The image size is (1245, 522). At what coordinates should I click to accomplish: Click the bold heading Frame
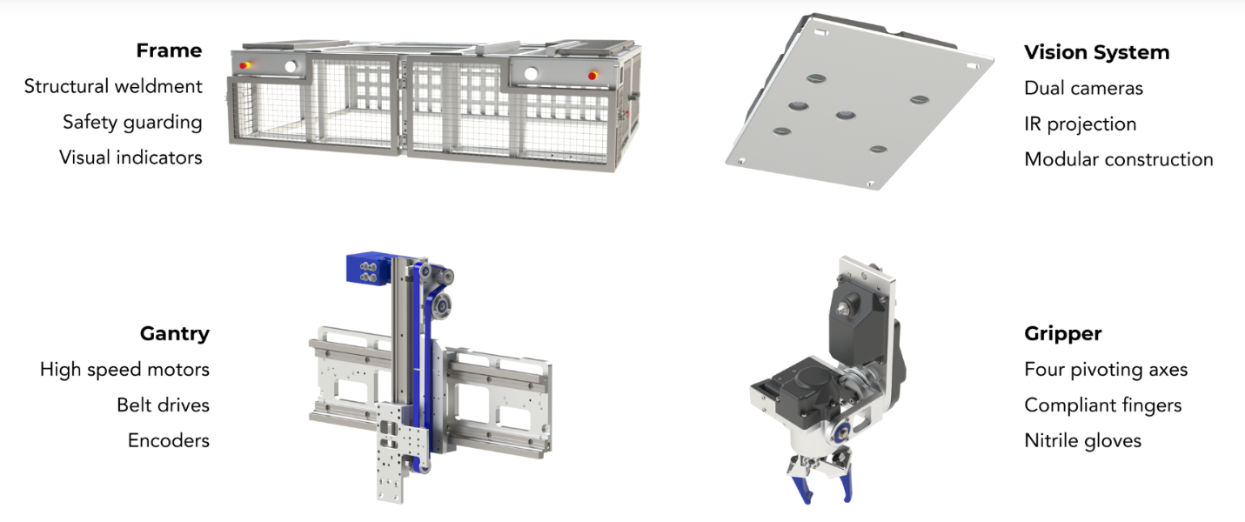(x=169, y=50)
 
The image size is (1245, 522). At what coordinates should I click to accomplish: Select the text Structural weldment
(x=113, y=86)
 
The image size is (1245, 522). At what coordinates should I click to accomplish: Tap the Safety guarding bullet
(x=132, y=123)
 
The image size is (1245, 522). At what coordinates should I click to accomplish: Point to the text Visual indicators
(x=131, y=157)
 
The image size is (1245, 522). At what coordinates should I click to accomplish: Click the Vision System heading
(x=1096, y=52)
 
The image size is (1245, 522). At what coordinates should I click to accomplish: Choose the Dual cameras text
(x=1083, y=88)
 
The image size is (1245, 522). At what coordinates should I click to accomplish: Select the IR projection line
(x=1080, y=124)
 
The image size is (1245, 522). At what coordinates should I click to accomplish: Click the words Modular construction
(x=1118, y=159)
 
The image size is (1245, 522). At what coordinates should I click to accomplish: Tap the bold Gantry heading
(x=175, y=333)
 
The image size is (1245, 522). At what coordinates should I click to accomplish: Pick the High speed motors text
(x=124, y=369)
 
